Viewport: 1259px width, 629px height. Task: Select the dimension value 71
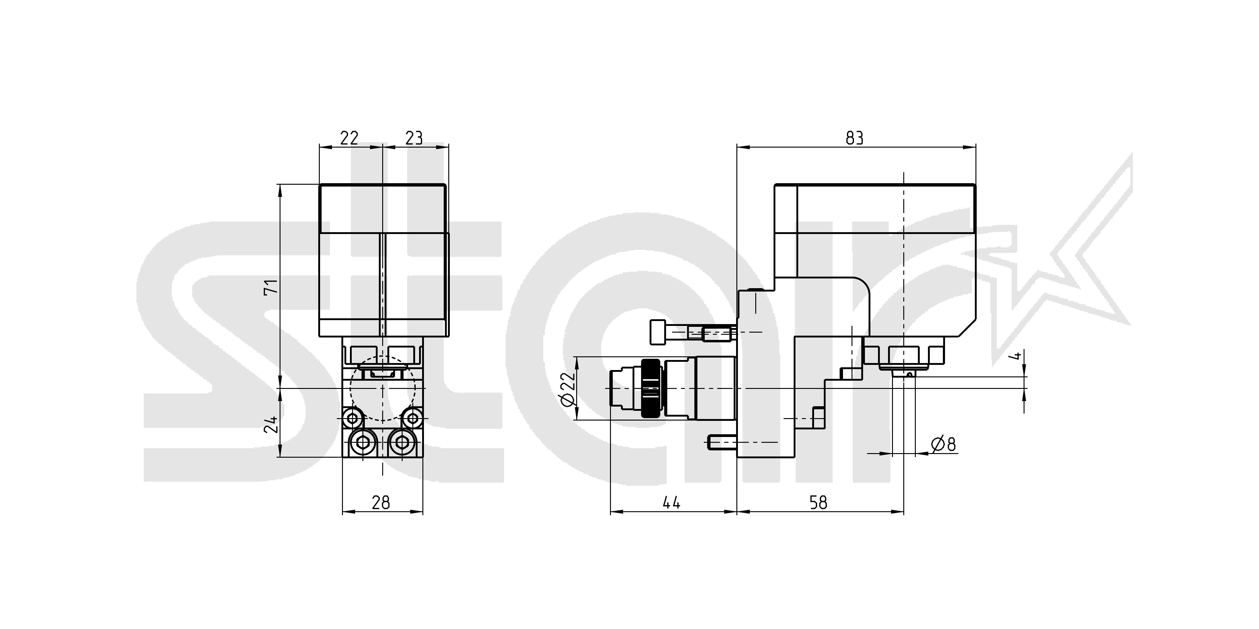[270, 286]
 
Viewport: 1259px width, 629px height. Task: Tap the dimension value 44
[672, 502]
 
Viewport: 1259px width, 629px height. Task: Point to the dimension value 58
[819, 502]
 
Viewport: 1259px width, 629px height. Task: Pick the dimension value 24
[270, 425]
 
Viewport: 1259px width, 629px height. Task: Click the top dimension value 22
[349, 138]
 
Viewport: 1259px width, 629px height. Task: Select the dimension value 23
[414, 138]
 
